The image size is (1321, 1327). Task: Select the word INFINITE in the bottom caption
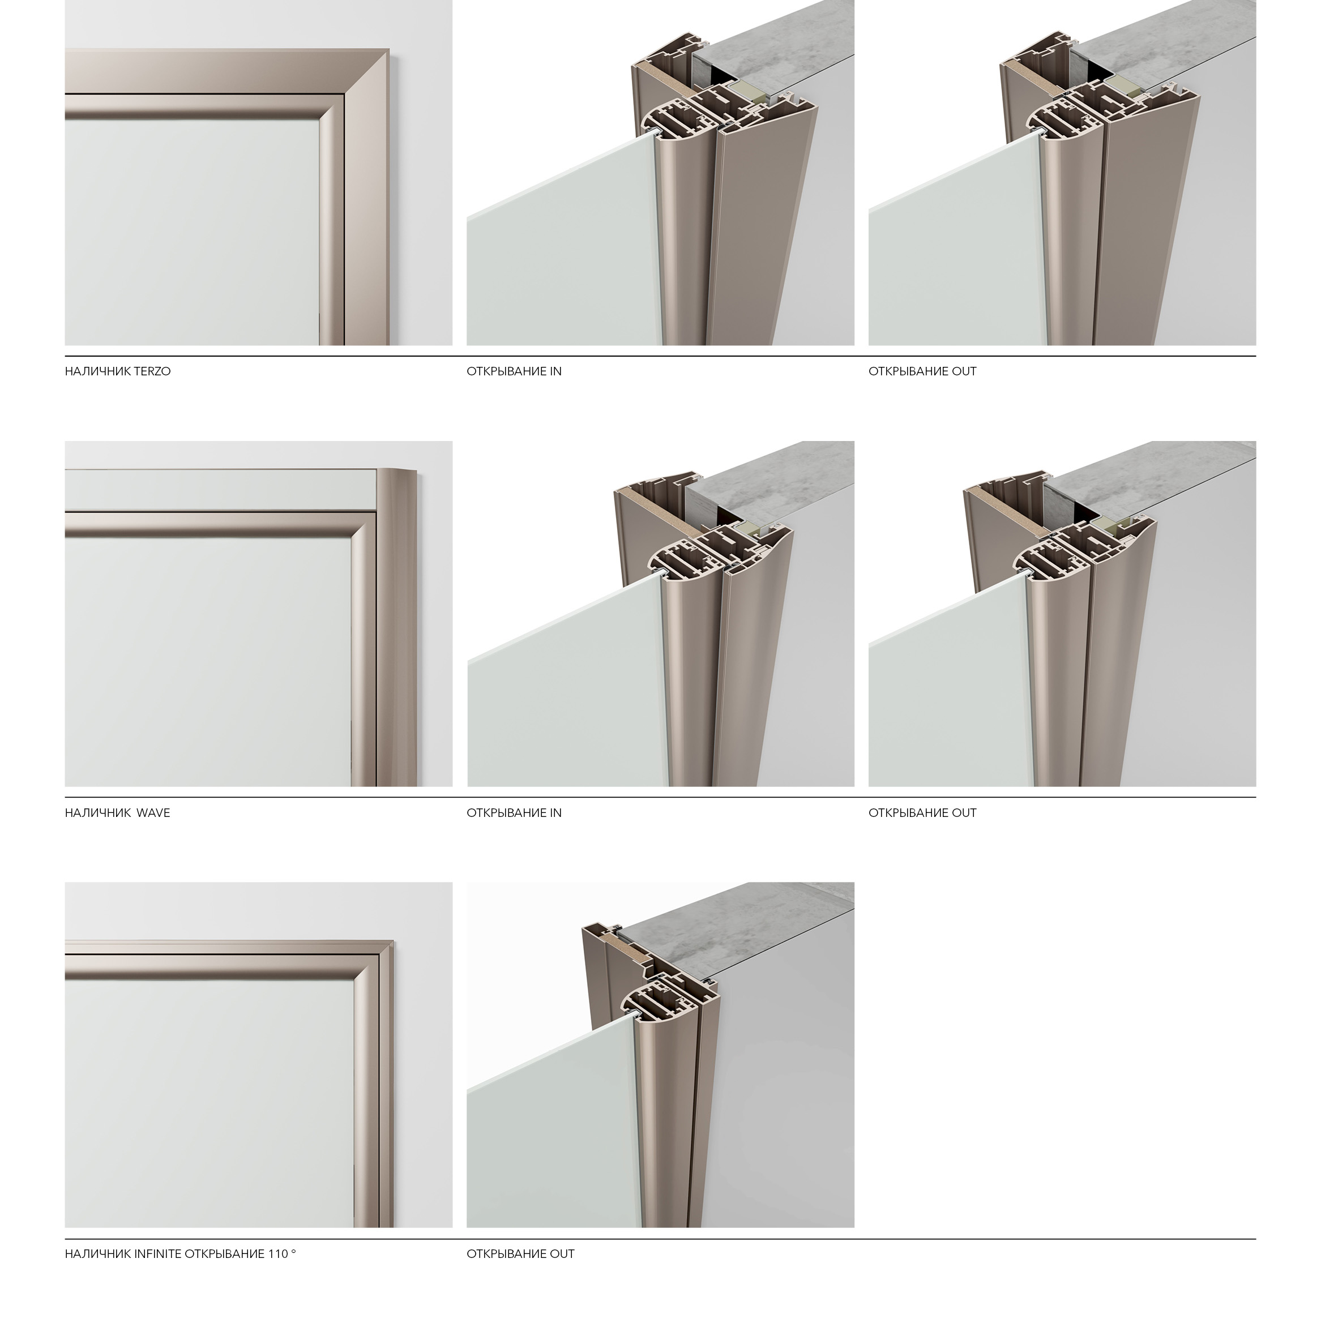tap(158, 1253)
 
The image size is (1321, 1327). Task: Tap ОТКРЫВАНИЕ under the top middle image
tap(506, 371)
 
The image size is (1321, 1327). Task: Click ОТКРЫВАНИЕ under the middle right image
tap(908, 813)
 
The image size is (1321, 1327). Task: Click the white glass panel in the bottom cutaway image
tap(550, 1140)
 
